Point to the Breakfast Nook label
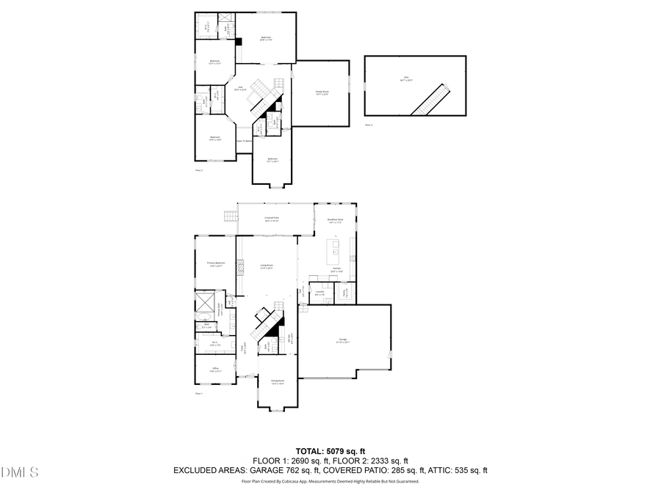click(x=336, y=221)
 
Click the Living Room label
click(x=266, y=267)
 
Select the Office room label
click(x=215, y=370)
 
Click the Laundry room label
click(x=319, y=293)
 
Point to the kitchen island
click(x=334, y=252)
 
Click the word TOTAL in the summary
click(x=309, y=451)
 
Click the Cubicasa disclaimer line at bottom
click(x=330, y=482)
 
